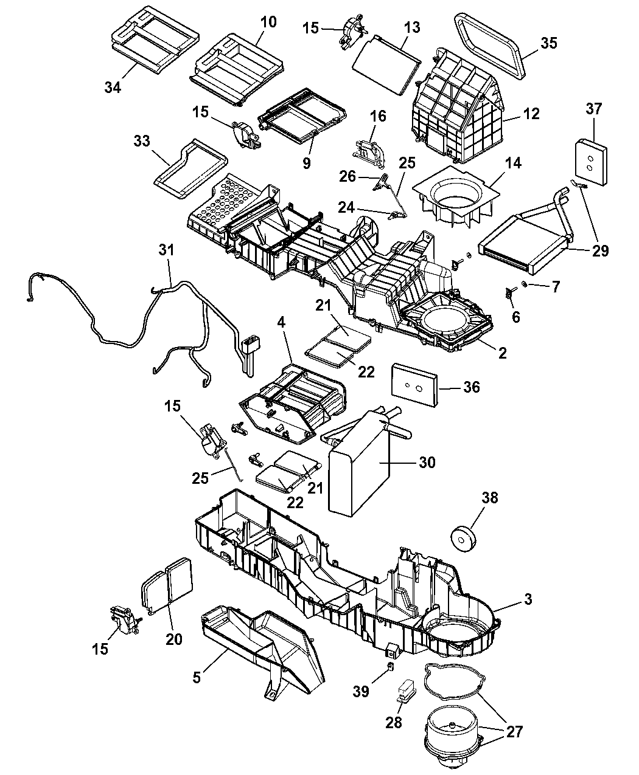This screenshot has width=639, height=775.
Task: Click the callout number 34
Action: coord(113,87)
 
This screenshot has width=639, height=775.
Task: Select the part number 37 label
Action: coord(594,109)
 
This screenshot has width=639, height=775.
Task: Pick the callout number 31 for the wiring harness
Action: coord(166,250)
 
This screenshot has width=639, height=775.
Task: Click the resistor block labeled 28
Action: coord(406,694)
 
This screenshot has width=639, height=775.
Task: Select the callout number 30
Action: coord(427,463)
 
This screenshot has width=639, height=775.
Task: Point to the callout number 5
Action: coord(197,677)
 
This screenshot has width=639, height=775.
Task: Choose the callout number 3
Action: coord(528,599)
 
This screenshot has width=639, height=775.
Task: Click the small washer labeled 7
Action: coord(525,284)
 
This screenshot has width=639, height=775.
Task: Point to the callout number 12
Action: coord(531,114)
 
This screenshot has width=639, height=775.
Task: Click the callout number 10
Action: coord(268,22)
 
